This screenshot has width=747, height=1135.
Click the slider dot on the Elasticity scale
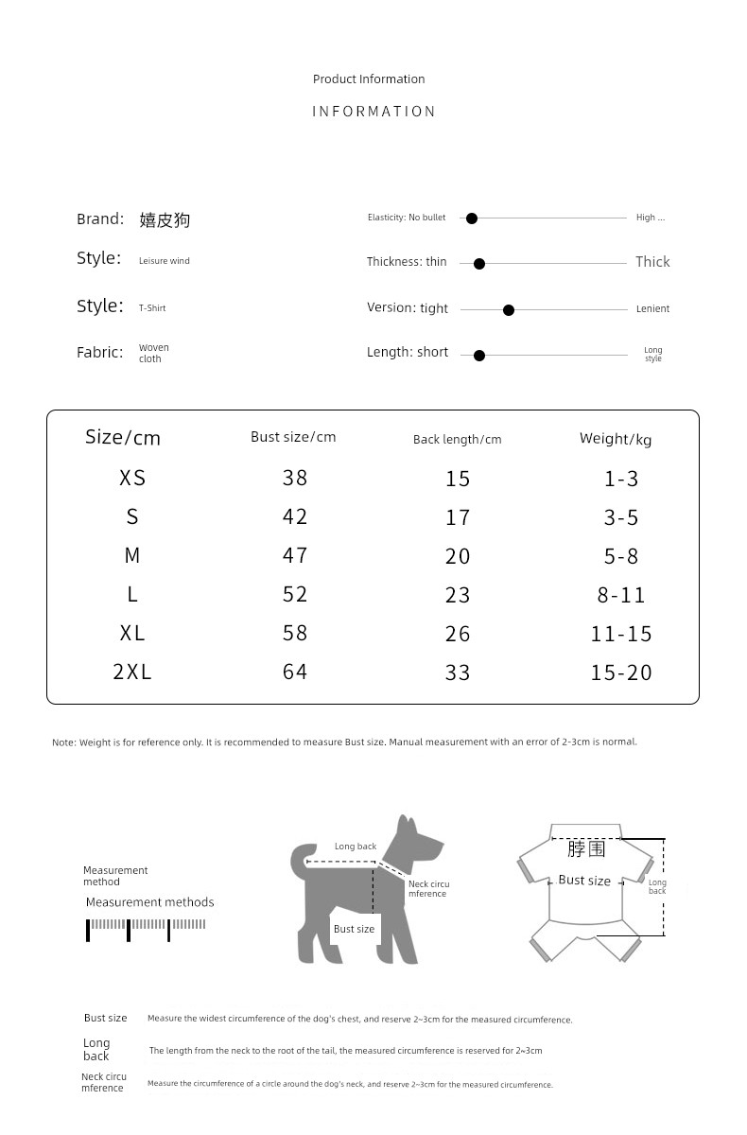pyautogui.click(x=472, y=218)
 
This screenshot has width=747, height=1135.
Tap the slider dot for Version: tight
pyautogui.click(x=509, y=310)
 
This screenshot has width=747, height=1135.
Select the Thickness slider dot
pyautogui.click(x=479, y=264)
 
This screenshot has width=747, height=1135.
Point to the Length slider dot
pyautogui.click(x=479, y=356)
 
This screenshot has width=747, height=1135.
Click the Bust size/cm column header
pyautogui.click(x=293, y=437)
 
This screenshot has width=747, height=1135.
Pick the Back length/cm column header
pyautogui.click(x=457, y=439)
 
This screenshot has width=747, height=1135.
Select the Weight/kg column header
pyautogui.click(x=616, y=439)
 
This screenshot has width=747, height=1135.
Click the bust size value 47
pyautogui.click(x=295, y=555)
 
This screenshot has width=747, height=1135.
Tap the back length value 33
pyautogui.click(x=458, y=672)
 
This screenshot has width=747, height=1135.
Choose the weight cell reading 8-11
pyautogui.click(x=621, y=595)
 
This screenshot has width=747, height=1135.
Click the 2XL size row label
pyautogui.click(x=132, y=672)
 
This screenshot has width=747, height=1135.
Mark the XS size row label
pyautogui.click(x=132, y=478)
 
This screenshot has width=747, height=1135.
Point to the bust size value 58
pyautogui.click(x=295, y=633)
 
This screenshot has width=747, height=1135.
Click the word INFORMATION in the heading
pyautogui.click(x=373, y=112)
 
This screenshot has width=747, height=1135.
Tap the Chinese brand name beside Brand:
pyautogui.click(x=165, y=220)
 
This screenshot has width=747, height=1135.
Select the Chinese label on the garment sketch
pyautogui.click(x=586, y=848)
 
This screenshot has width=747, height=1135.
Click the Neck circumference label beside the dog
pyautogui.click(x=428, y=889)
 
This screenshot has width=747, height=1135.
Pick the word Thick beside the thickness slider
pyautogui.click(x=652, y=262)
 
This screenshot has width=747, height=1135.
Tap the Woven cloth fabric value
pyautogui.click(x=153, y=353)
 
